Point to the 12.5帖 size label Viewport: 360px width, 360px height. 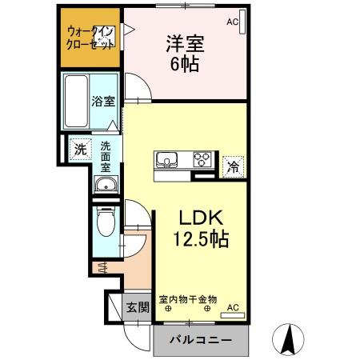pos(197,238)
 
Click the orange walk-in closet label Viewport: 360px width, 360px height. pos(90,38)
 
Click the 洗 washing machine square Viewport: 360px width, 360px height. pos(80,149)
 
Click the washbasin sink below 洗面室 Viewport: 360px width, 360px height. pos(106,186)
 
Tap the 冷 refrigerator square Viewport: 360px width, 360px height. pos(231,168)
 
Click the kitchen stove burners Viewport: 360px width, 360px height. pos(202,158)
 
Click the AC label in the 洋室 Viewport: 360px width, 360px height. pos(233,22)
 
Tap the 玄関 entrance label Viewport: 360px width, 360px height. pos(137,307)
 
